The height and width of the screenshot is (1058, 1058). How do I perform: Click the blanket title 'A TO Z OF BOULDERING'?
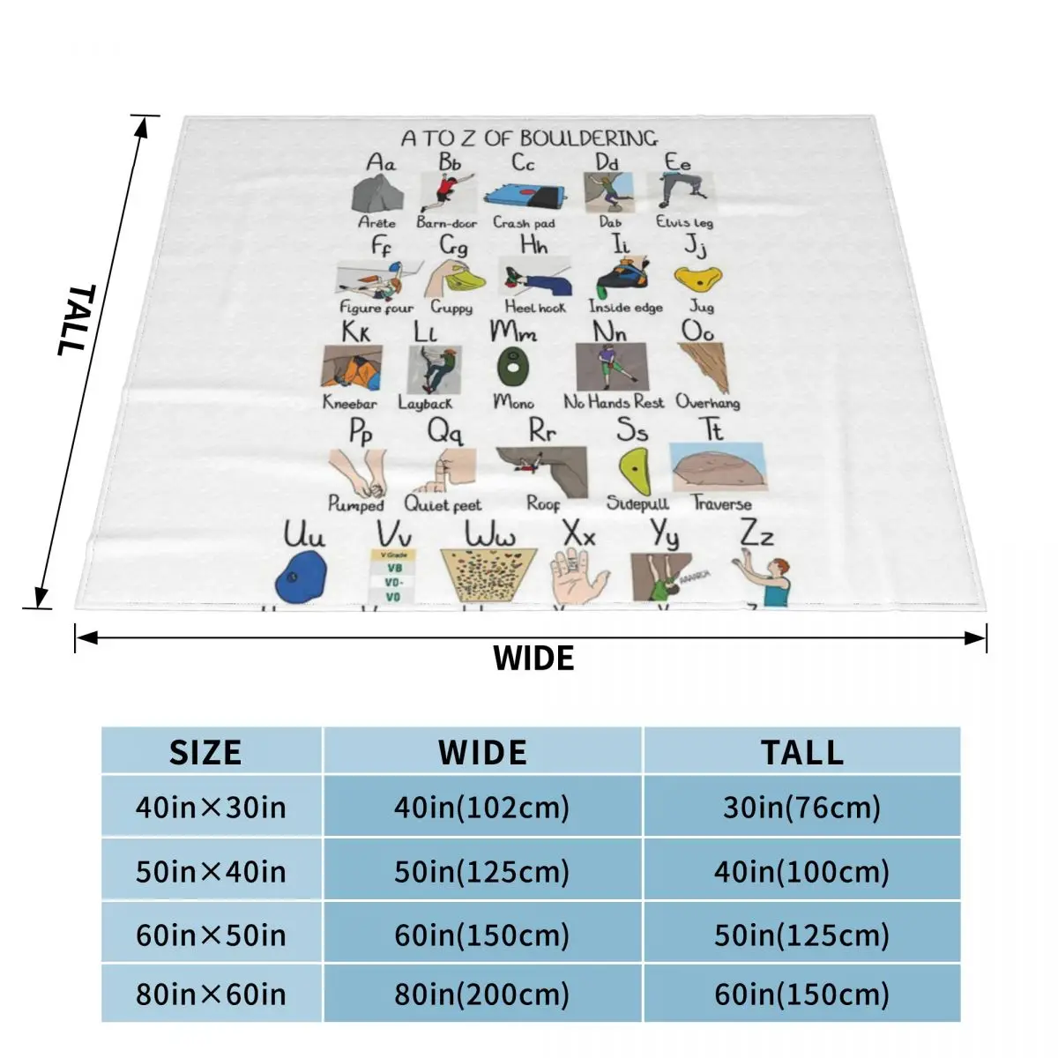pyautogui.click(x=529, y=138)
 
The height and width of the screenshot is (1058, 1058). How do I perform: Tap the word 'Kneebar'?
pyautogui.click(x=349, y=403)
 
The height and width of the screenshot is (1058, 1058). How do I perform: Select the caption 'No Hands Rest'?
pyautogui.click(x=614, y=402)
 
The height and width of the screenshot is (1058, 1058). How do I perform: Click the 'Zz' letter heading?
pyautogui.click(x=756, y=534)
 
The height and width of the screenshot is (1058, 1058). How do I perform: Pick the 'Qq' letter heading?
pyautogui.click(x=444, y=432)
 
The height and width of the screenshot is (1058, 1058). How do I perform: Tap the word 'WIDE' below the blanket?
pyautogui.click(x=533, y=659)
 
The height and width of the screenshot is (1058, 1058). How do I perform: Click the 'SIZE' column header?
pyautogui.click(x=205, y=752)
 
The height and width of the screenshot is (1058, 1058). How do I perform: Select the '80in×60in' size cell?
pyautogui.click(x=211, y=994)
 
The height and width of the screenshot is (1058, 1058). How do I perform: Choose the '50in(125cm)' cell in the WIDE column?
pyautogui.click(x=481, y=871)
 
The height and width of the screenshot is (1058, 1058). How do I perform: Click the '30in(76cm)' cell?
pyautogui.click(x=801, y=807)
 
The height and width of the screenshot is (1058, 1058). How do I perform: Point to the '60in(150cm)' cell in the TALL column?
pyautogui.click(x=801, y=994)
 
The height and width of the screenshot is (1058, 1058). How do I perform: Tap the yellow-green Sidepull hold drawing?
pyautogui.click(x=635, y=472)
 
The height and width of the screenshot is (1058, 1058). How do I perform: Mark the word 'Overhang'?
pyautogui.click(x=708, y=402)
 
